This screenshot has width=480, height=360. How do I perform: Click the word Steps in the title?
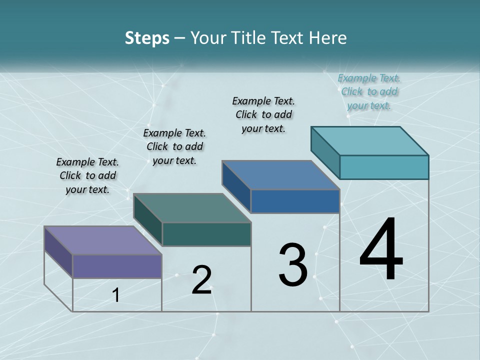point(147,38)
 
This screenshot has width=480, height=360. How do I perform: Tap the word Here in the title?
point(328,38)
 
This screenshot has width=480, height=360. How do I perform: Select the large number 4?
point(381,250)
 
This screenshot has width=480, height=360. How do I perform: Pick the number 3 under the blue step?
point(292,265)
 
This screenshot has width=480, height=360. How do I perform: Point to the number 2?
point(201,280)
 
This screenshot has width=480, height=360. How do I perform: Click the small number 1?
point(116,295)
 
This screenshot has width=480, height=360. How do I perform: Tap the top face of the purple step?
point(102,240)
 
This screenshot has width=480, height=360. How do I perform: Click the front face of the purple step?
point(117,266)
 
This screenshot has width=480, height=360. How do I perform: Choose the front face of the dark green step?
point(206,234)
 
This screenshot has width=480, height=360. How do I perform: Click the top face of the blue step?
point(280,175)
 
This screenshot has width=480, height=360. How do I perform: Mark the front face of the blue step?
point(295,201)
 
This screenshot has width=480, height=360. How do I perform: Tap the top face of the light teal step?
point(369,140)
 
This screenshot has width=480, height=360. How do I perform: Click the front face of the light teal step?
point(384,167)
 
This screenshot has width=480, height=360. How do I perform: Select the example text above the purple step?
point(87,175)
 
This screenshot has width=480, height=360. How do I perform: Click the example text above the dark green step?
point(174,146)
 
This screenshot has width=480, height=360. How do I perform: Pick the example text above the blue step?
point(263,114)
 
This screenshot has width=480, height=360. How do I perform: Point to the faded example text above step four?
point(369,91)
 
